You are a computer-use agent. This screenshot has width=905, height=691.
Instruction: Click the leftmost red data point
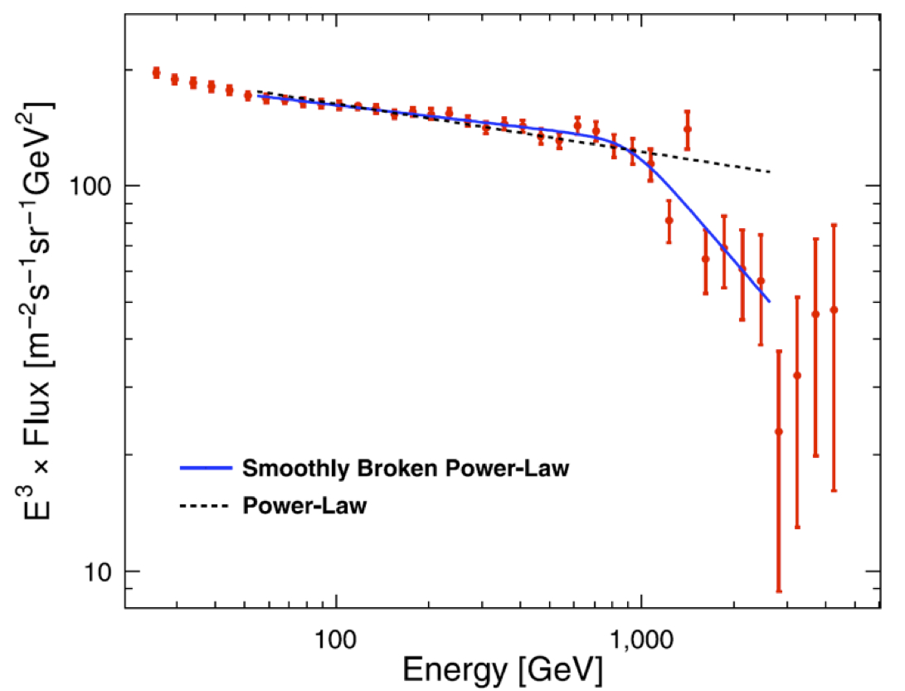point(156,73)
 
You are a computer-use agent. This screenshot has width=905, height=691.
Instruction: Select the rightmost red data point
point(834,310)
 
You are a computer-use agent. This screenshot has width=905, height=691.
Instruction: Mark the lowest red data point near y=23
point(778,431)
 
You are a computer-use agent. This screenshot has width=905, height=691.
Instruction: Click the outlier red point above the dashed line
point(687,129)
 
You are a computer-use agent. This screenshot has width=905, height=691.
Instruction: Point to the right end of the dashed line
point(771,173)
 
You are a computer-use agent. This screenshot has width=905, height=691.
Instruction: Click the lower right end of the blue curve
point(770,301)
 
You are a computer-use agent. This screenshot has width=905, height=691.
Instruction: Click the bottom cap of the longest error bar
point(778,591)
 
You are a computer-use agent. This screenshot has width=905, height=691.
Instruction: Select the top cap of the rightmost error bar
point(834,225)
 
